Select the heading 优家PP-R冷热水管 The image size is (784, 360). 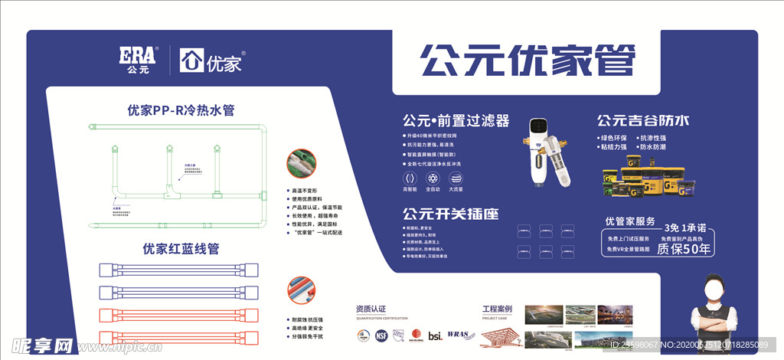pyautogui.click(x=181, y=110)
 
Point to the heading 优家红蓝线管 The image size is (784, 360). pyautogui.click(x=181, y=249)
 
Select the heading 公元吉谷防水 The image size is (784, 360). pyautogui.click(x=643, y=120)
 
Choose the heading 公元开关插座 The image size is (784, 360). pyautogui.click(x=449, y=213)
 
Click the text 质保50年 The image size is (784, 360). pyautogui.click(x=684, y=248)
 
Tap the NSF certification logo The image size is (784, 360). pyautogui.click(x=381, y=334)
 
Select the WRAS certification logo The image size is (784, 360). pyautogui.click(x=458, y=335)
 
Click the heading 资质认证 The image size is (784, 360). pyautogui.click(x=373, y=308)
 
